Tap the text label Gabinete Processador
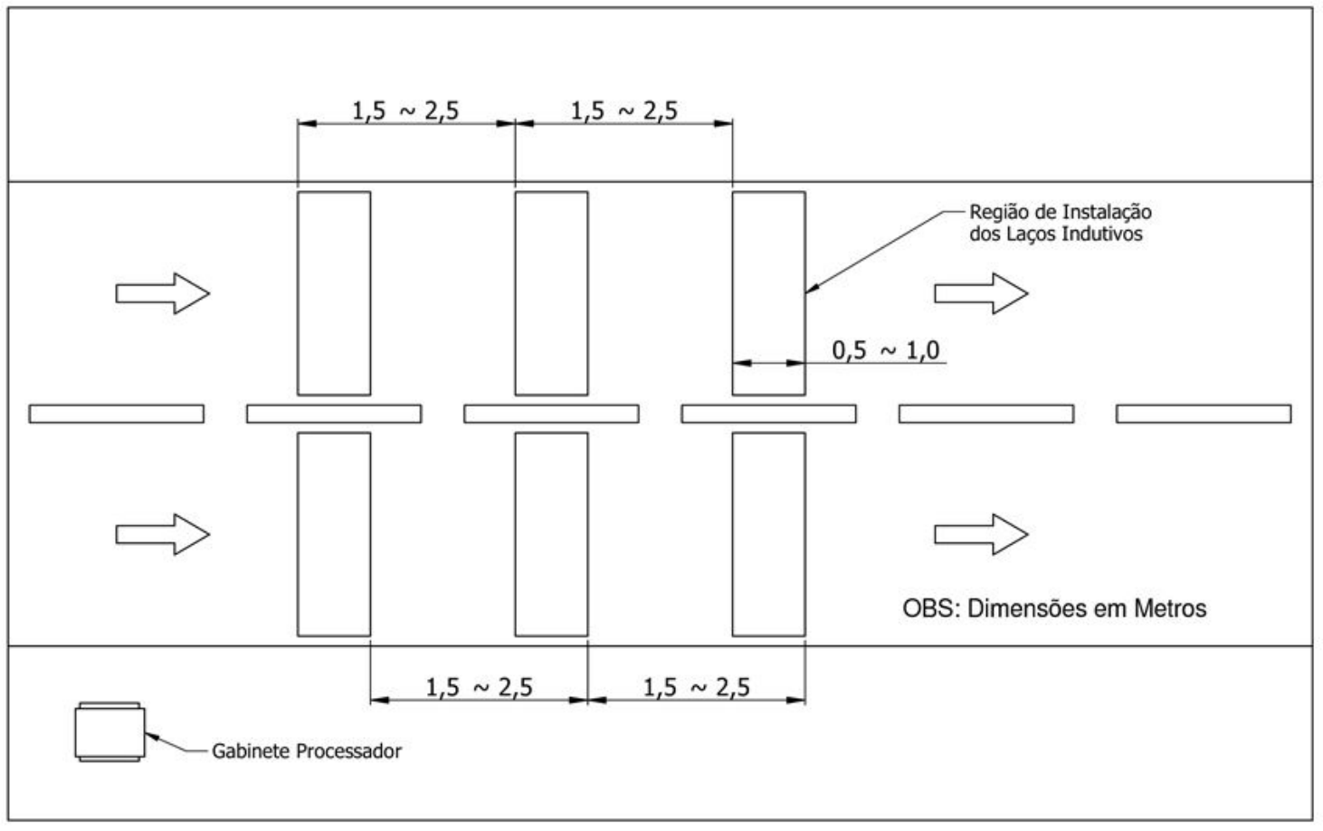point(307,751)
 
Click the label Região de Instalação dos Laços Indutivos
point(1061,223)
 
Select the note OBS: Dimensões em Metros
point(1054,609)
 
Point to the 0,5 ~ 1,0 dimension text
point(885,350)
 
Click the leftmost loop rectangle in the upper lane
point(298,293)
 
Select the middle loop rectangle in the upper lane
point(515,293)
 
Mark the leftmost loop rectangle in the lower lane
point(298,534)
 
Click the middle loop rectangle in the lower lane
point(515,534)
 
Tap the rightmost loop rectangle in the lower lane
point(732,534)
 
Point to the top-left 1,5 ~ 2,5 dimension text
point(405,111)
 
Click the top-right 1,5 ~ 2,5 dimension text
point(623,111)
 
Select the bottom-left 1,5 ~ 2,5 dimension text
point(479,687)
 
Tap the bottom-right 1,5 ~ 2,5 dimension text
point(697,687)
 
